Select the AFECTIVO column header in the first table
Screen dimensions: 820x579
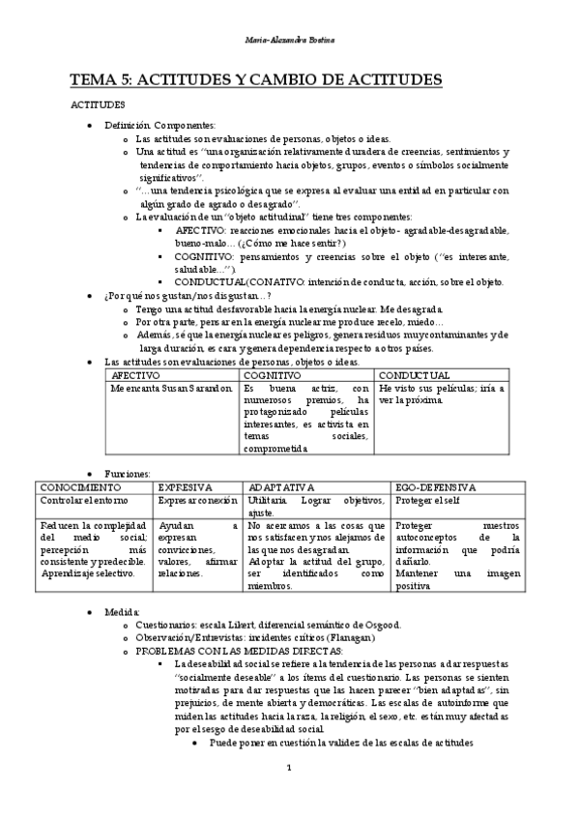point(136,374)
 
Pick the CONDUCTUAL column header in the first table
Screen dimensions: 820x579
point(414,374)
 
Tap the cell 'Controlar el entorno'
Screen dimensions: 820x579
point(78,501)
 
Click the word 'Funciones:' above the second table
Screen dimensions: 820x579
point(128,474)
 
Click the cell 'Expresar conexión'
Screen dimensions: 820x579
point(198,501)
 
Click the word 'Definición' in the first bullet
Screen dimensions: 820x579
point(129,126)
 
